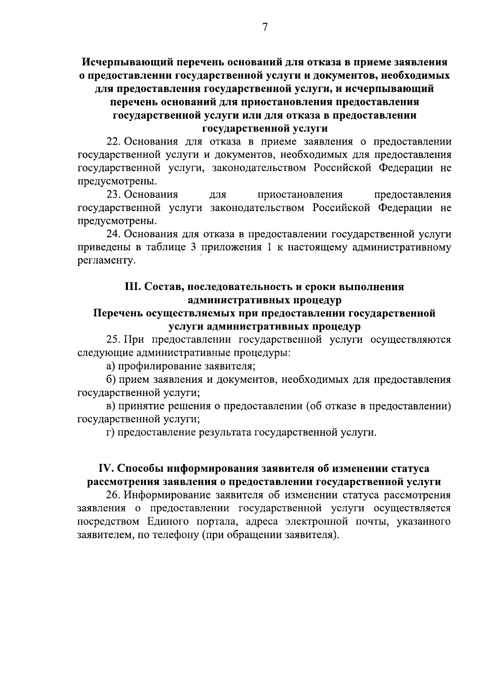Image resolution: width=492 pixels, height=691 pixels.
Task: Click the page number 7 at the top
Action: click(264, 27)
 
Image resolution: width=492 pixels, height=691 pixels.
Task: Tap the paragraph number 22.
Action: click(112, 142)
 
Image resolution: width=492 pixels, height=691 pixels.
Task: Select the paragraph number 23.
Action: click(112, 194)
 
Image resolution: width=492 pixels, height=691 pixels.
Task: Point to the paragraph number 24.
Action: click(112, 234)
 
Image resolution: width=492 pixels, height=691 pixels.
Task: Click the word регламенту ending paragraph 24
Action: click(106, 261)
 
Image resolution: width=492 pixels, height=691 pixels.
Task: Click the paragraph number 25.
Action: click(112, 340)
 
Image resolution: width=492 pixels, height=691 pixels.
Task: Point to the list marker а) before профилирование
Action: click(110, 366)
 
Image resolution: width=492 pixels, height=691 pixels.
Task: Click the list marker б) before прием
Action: click(110, 380)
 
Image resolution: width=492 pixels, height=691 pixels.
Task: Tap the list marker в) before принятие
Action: click(110, 406)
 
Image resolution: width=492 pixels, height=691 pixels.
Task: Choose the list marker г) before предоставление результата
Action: click(109, 432)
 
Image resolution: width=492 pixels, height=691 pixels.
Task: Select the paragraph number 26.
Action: click(112, 495)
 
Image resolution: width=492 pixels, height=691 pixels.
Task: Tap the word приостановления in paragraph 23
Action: click(300, 194)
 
